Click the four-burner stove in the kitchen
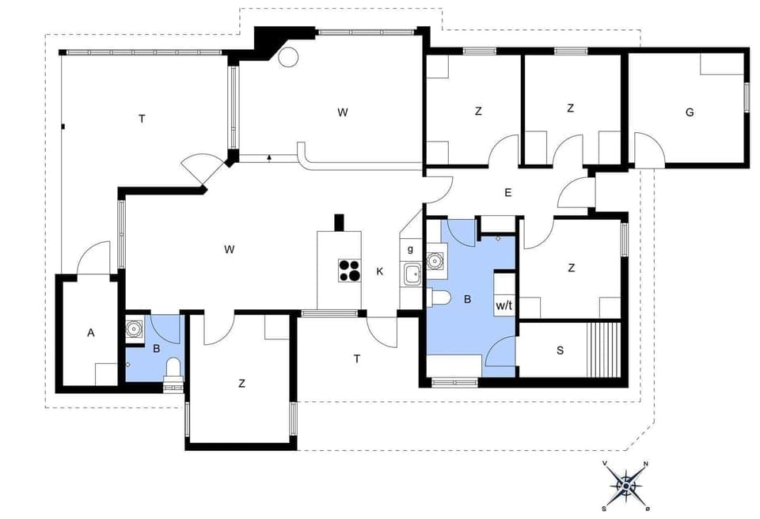tap(349, 271)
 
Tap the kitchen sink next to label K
tap(412, 275)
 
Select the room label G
tap(690, 112)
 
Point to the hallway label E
tap(508, 191)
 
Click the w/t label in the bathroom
tap(504, 305)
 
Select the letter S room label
tap(560, 350)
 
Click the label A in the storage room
tap(90, 333)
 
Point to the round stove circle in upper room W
tap(287, 57)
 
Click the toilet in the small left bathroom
tap(173, 370)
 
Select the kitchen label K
tap(380, 271)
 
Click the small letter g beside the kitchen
tap(410, 249)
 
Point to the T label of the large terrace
tap(142, 119)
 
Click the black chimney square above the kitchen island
tap(339, 222)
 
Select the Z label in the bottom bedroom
tap(241, 384)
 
